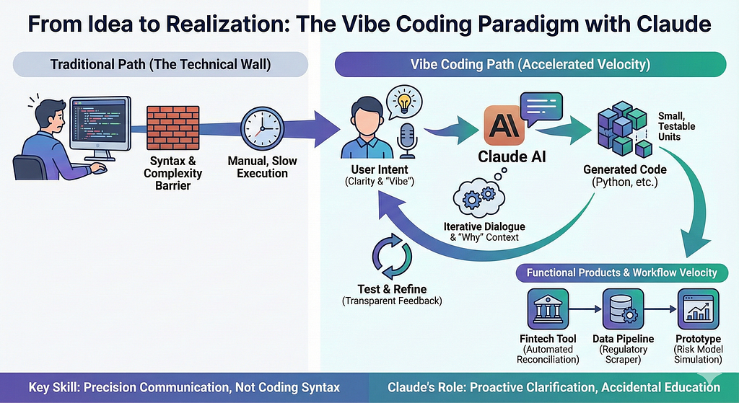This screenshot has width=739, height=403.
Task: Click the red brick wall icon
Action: [172, 128]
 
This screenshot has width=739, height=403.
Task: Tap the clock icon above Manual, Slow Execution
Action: [262, 128]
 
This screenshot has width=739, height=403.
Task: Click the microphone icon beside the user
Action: [406, 141]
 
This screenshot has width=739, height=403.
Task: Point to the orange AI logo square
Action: [504, 125]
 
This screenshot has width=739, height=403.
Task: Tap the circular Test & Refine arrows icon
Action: [392, 257]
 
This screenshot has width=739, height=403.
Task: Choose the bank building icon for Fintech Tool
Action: [548, 309]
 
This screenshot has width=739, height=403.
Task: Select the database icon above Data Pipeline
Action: [623, 309]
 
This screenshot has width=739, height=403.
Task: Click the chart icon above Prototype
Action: [698, 309]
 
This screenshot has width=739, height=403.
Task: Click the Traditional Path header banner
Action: [161, 64]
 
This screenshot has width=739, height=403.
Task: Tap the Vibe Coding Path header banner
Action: [530, 64]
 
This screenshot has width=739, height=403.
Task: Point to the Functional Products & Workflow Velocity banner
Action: [621, 273]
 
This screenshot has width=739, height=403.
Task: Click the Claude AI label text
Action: [512, 156]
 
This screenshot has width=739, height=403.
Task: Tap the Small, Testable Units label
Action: [676, 126]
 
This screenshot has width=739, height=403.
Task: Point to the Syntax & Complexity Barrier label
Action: [173, 173]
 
